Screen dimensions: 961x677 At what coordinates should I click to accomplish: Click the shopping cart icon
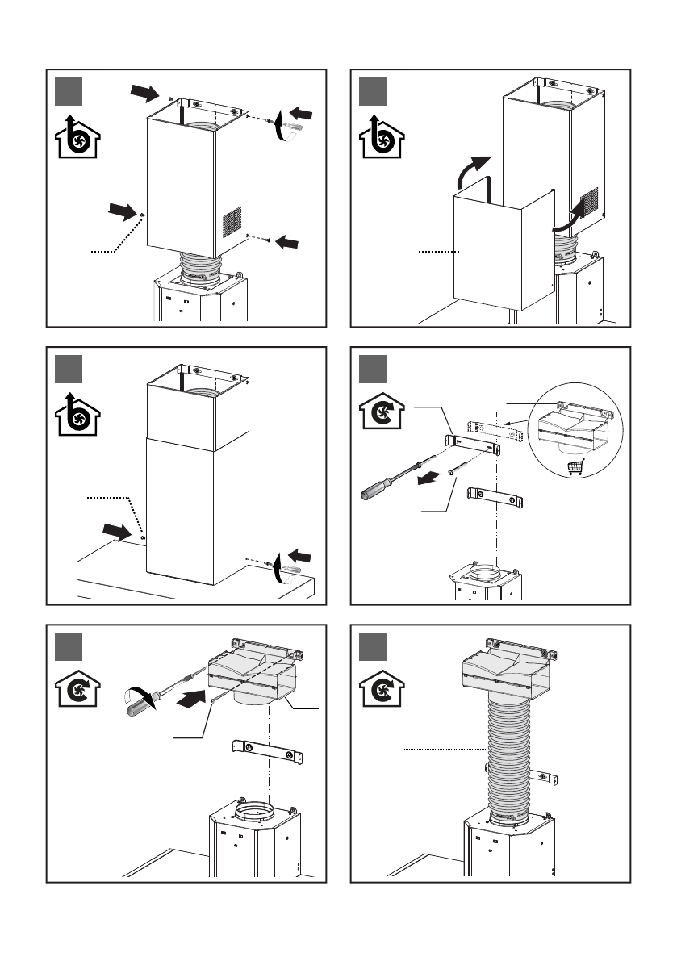575,466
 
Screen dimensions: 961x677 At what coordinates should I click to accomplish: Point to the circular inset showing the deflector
571,428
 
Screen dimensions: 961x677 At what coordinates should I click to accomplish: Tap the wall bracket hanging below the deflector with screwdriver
267,750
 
